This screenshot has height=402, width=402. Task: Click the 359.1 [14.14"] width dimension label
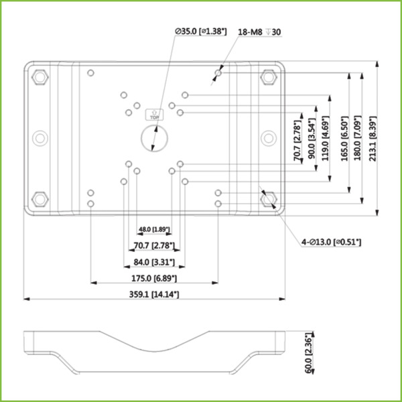154,293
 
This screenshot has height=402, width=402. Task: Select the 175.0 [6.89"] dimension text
153,277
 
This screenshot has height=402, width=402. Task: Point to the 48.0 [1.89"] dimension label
154,230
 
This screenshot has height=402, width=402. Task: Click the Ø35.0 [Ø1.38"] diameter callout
200,31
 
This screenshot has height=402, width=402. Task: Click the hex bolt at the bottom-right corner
269,199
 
